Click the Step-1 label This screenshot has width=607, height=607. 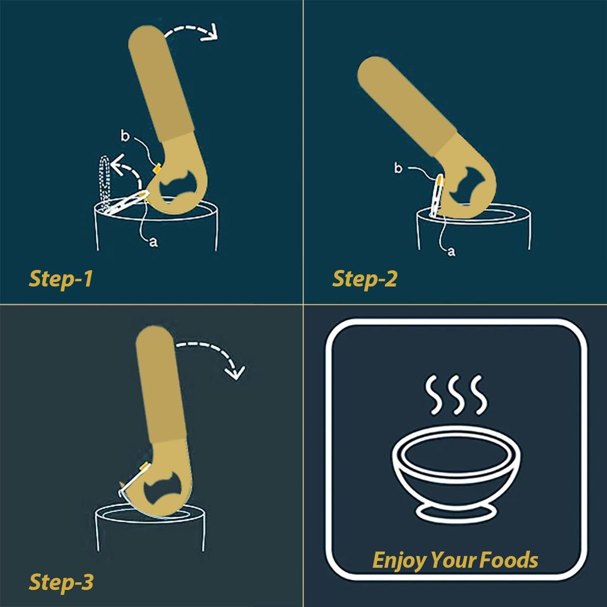pos(61,279)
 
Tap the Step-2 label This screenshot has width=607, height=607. pos(365,279)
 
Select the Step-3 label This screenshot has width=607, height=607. pos(61,582)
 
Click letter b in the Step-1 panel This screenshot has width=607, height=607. pos(124,136)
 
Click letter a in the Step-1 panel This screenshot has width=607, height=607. pos(154,242)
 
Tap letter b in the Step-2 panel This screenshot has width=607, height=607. pos(398,168)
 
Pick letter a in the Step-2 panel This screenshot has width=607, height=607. pos(451,252)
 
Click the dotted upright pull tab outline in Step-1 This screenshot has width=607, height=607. pos(104,182)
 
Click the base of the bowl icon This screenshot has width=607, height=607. pos(456,512)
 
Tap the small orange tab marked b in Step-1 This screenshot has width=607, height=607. pos(157,168)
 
